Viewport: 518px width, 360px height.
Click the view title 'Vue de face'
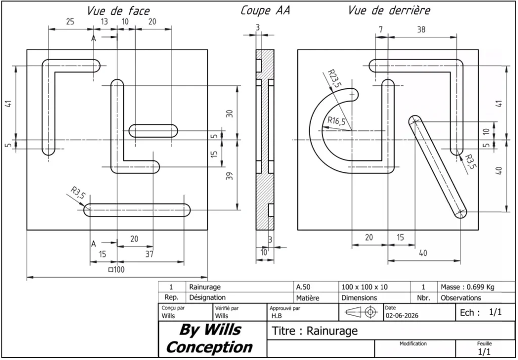pos(118,11)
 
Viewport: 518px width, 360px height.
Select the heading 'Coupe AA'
pos(265,11)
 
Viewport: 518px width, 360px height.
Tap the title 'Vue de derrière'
pos(389,11)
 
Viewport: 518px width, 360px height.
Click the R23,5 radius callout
pos(334,78)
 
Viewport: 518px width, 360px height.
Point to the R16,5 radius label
pos(336,121)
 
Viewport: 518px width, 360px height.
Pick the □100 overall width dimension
pos(116,269)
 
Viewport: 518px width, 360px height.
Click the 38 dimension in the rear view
pos(421,30)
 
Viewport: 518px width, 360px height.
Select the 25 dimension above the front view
pos(70,22)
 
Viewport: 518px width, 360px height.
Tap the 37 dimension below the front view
pos(149,254)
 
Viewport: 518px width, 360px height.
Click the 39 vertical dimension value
pos(230,176)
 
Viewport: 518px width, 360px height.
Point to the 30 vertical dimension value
pos(230,113)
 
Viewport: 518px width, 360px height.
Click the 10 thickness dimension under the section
pos(264,253)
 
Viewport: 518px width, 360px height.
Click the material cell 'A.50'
pos(303,287)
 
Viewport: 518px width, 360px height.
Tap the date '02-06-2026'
pos(402,316)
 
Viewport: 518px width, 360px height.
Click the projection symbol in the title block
pos(361,312)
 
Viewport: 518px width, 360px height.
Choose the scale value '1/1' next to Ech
pos(495,312)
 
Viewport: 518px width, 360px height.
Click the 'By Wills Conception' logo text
pos(209,338)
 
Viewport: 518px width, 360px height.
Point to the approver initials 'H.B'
pos(277,316)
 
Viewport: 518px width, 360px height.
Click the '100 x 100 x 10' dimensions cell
pos(365,287)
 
